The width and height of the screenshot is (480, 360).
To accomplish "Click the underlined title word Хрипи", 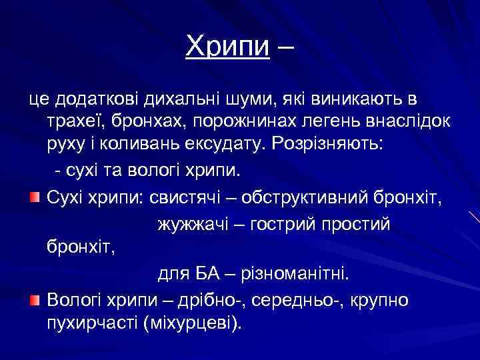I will pos(227,46).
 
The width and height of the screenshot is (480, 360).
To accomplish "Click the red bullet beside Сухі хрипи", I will pos(35,199).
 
